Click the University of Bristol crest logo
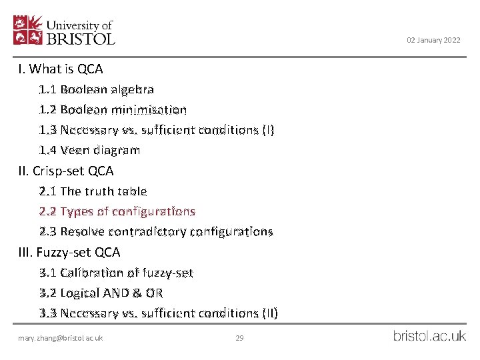28,30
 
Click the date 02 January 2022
433,41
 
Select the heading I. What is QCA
61,69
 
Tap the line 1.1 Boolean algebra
97,89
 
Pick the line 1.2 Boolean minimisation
113,109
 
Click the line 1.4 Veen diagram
89,150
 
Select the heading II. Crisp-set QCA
66,171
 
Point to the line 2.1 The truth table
93,191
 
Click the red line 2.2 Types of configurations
117,211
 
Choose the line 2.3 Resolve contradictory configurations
156,232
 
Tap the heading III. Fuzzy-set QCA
69,252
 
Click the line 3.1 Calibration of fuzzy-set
116,273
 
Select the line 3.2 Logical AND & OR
101,293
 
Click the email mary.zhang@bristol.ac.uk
61,338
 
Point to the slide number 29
240,338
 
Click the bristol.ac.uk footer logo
429,336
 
